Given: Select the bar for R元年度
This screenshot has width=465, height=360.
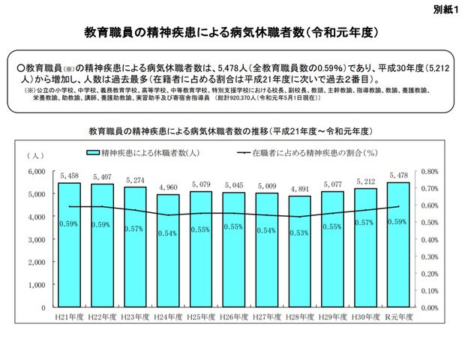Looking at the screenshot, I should click(x=398, y=247).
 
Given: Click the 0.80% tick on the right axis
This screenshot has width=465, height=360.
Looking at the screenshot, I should click(x=430, y=171).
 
